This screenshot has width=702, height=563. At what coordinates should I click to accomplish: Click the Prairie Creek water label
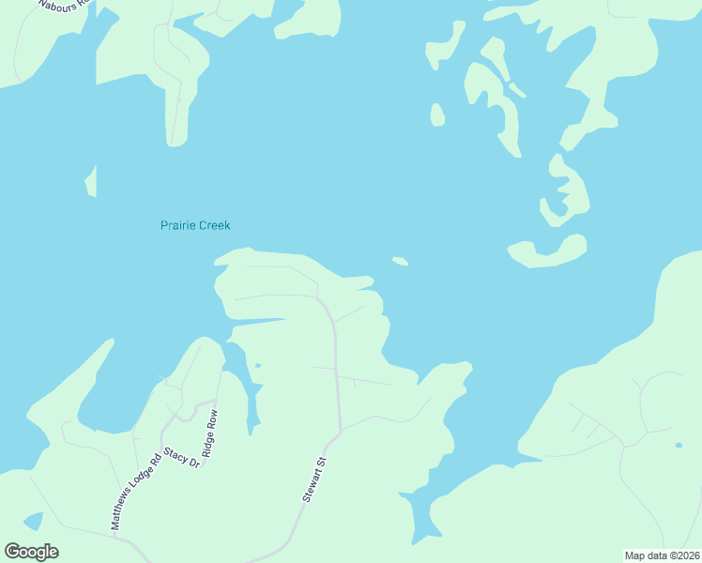click(x=195, y=225)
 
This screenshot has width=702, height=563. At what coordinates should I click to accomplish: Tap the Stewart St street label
click(x=313, y=479)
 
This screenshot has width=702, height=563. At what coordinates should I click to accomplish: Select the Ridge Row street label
click(x=209, y=433)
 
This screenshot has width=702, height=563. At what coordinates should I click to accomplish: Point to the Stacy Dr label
click(x=182, y=457)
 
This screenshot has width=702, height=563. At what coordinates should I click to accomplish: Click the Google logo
click(x=31, y=552)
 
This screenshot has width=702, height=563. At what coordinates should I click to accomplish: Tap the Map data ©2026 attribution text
click(x=662, y=555)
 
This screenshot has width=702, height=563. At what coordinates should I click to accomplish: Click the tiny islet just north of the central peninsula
click(x=400, y=261)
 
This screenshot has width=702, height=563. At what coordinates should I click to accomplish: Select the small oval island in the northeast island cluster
click(x=436, y=114)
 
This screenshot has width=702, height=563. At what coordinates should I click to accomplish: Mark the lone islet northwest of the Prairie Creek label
click(x=91, y=181)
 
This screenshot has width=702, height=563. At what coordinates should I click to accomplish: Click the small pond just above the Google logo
click(x=33, y=521)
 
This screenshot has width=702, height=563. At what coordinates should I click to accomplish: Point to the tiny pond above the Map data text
click(x=678, y=444)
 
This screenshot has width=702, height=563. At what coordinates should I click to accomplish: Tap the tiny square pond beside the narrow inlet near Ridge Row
click(x=257, y=365)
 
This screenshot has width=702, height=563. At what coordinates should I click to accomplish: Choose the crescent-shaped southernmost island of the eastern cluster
click(x=548, y=251)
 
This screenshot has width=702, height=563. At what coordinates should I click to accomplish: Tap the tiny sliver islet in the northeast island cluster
click(x=516, y=90)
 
